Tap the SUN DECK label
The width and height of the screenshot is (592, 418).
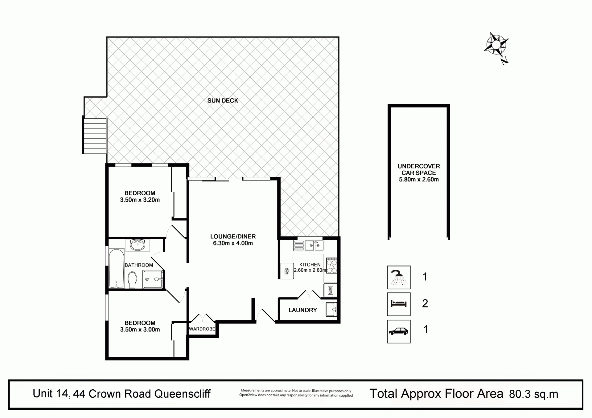point(223,100)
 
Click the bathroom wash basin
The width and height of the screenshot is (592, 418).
point(138,245)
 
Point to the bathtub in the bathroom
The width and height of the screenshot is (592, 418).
point(117,269)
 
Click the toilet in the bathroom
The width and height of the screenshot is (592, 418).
point(132,279)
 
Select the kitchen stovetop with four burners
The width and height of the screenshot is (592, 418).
point(331,266)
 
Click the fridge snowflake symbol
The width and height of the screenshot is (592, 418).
point(287,271)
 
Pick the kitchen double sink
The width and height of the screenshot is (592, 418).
point(309,246)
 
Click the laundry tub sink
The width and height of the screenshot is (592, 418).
point(331,309)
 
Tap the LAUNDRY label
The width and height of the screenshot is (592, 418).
point(303,310)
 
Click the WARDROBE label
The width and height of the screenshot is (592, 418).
point(202,329)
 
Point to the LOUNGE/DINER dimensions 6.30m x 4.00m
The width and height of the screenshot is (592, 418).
point(233,243)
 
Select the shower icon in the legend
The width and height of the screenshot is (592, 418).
point(399,277)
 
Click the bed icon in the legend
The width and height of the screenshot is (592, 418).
point(399,304)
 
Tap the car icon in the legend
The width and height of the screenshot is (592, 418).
point(399,331)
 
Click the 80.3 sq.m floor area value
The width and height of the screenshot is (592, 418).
point(534,394)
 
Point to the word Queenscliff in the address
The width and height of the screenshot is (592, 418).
point(183,394)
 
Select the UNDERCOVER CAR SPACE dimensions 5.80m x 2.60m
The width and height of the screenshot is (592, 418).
point(419,180)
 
